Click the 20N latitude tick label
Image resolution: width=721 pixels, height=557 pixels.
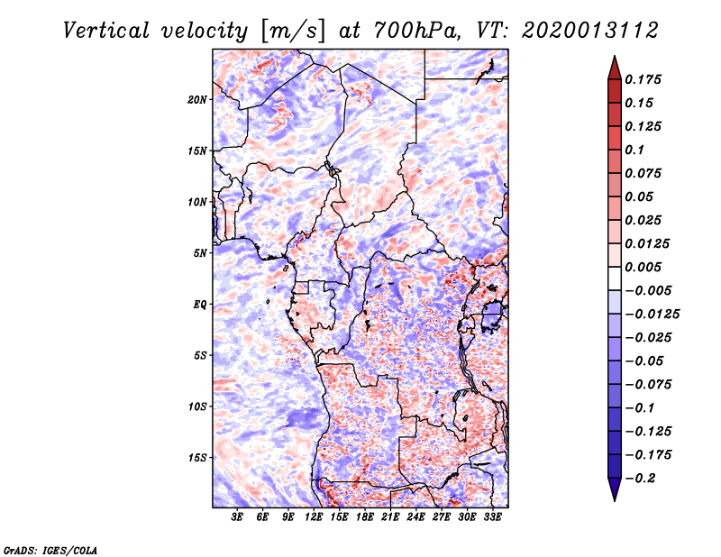[x=197, y=99]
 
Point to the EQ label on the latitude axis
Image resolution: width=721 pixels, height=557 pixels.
[x=199, y=305]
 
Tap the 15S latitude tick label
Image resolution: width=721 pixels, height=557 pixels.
[x=197, y=458]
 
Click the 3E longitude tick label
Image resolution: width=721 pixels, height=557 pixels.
[x=237, y=517]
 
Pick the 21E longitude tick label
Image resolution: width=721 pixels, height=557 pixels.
[x=390, y=517]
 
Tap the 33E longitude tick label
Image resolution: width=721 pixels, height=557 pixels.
[x=492, y=517]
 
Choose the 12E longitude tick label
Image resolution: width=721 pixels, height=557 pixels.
[x=314, y=517]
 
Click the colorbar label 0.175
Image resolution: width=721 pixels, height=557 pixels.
[x=644, y=79]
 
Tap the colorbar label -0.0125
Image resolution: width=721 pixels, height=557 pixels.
[x=654, y=314]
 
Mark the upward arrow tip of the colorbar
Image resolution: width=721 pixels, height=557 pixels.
[x=613, y=58]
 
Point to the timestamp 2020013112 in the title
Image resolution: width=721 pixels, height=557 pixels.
[x=580, y=30]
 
